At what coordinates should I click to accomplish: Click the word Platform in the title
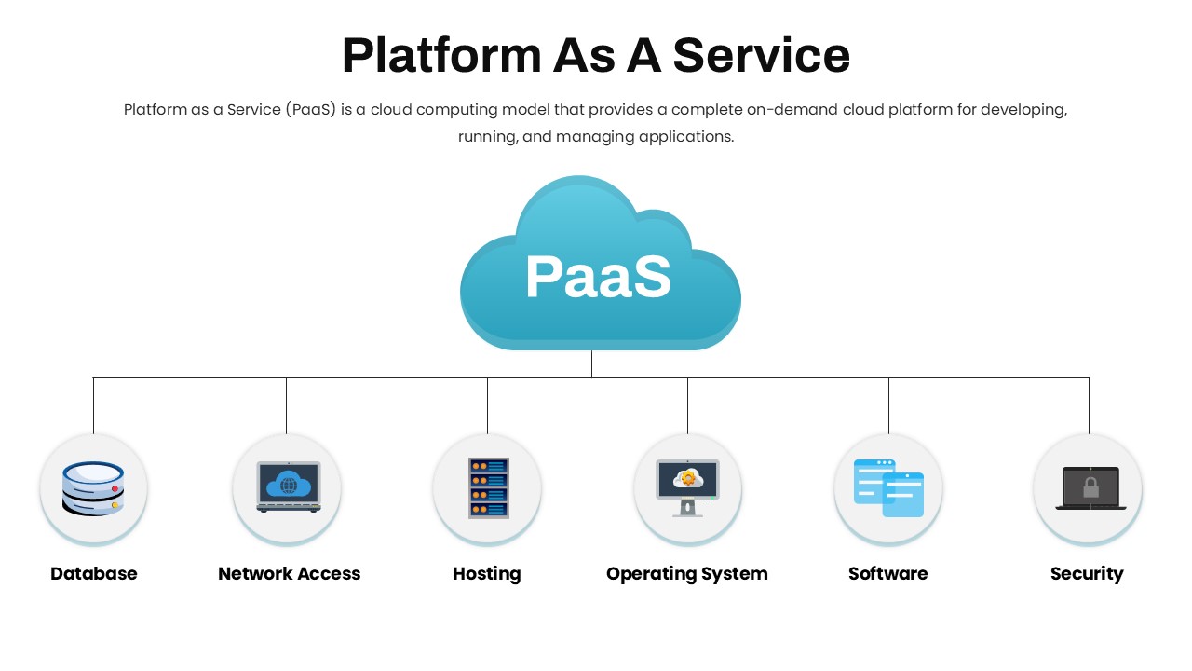tap(441, 55)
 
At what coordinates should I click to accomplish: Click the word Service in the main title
tap(762, 55)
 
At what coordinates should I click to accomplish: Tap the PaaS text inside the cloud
tap(598, 276)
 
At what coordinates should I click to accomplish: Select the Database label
tap(94, 573)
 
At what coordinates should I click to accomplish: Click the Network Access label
tap(289, 573)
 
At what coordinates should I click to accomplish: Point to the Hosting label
tap(486, 574)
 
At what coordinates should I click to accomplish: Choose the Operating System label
tap(686, 574)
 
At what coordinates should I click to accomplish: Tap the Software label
tap(887, 573)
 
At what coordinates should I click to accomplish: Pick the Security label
tap(1087, 574)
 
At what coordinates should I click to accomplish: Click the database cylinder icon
tap(93, 488)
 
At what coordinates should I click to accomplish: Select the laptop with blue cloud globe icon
tap(289, 486)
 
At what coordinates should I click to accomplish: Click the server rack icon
tap(489, 487)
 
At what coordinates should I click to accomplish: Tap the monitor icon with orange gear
tap(687, 487)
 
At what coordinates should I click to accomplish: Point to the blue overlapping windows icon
tap(888, 487)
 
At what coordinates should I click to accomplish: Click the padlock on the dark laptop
tap(1090, 486)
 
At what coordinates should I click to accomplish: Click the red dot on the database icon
tap(115, 488)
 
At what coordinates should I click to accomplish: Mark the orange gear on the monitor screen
tap(688, 477)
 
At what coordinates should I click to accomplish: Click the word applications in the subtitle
tap(686, 137)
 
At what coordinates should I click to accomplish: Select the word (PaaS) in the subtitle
tap(311, 110)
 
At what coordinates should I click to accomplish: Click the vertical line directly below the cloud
tap(591, 364)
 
